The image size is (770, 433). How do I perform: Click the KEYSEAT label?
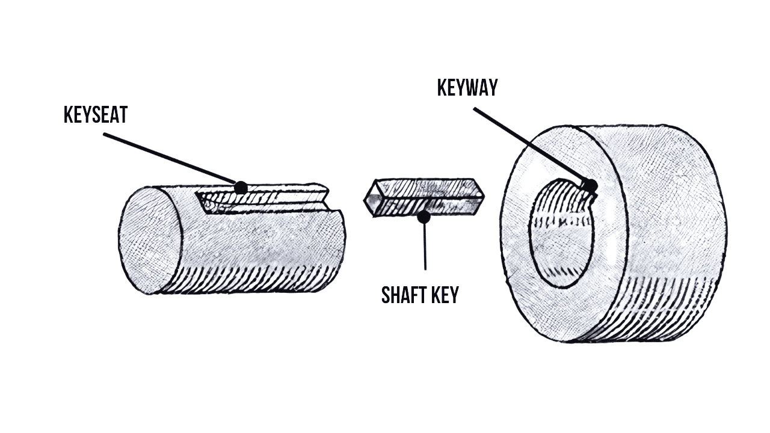(x=96, y=114)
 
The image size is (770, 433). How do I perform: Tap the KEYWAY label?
(x=467, y=88)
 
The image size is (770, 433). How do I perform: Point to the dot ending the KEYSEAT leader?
(x=241, y=188)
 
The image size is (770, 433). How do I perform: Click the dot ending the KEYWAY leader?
(x=590, y=186)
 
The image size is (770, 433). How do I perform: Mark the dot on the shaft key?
(x=425, y=216)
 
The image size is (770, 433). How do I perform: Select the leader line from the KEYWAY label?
(x=529, y=146)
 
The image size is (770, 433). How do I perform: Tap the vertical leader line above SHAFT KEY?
(x=425, y=247)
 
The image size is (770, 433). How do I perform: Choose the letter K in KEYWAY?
(x=442, y=88)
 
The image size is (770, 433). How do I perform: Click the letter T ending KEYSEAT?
(x=123, y=114)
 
